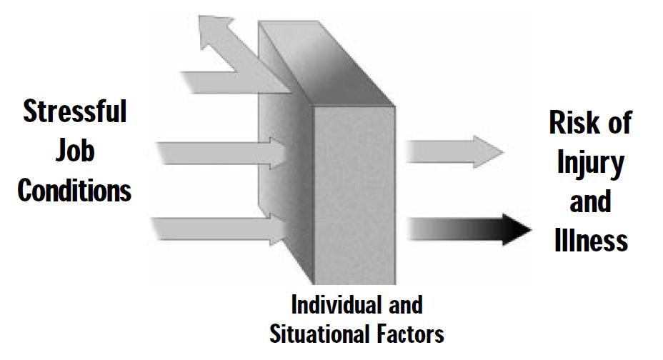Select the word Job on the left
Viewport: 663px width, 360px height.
[74, 152]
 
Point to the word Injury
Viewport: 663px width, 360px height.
[589, 164]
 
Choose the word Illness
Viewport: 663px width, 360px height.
[590, 239]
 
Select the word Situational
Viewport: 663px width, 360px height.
[319, 333]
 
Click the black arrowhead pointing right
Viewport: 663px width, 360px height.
[517, 228]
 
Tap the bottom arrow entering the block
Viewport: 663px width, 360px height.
[214, 229]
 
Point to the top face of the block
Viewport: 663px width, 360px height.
[329, 64]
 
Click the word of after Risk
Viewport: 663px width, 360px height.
[616, 124]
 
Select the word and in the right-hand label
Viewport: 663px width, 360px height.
[590, 201]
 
